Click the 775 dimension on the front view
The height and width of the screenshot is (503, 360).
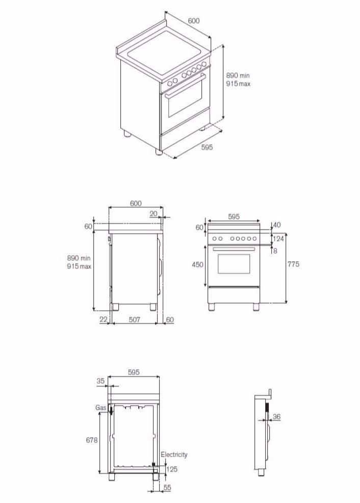[293, 264]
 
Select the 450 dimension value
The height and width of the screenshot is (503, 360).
[197, 265]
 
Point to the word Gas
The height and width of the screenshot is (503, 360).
[100, 408]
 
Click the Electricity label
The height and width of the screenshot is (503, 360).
[174, 455]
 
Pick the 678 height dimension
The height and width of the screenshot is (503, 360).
[92, 440]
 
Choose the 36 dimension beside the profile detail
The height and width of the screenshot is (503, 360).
[276, 417]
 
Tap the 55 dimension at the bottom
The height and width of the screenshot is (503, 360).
[167, 488]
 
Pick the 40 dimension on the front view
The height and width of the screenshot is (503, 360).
[277, 225]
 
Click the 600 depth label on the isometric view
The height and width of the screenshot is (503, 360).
[193, 21]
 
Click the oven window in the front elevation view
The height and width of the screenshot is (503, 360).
[234, 264]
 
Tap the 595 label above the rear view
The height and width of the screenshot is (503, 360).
[134, 372]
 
